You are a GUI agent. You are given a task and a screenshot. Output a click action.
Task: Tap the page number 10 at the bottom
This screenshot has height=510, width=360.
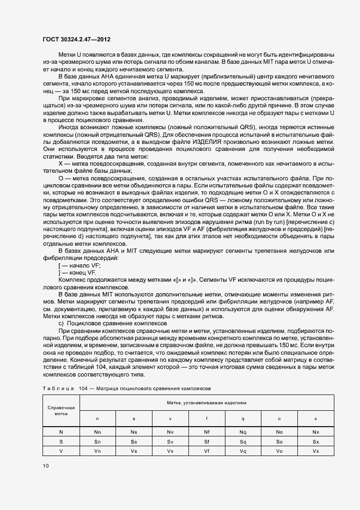[45, 466]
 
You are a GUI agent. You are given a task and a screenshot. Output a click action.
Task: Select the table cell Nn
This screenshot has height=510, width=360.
[97, 432]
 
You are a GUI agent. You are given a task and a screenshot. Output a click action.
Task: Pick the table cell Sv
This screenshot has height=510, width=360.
[170, 441]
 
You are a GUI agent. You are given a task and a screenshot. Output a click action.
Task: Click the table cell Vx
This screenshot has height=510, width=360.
[316, 452]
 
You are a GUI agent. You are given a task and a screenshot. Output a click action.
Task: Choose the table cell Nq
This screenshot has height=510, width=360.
[243, 432]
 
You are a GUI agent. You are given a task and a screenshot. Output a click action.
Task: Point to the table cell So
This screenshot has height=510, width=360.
[279, 441]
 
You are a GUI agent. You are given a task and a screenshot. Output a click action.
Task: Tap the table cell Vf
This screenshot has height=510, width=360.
[206, 452]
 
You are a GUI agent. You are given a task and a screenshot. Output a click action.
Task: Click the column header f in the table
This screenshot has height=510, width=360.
[206, 418]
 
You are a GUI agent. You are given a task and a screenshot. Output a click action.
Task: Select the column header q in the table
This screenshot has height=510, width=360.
[243, 418]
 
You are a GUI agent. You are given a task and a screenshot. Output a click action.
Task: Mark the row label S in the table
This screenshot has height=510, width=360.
[61, 441]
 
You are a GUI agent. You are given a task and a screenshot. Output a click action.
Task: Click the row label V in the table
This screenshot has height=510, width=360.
[61, 452]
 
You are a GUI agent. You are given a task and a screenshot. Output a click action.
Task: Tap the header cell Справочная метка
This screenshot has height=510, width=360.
[61, 410]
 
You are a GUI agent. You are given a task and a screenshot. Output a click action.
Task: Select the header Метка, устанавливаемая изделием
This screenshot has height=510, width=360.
[206, 403]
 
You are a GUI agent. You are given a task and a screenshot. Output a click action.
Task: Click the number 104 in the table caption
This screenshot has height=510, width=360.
[83, 388]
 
